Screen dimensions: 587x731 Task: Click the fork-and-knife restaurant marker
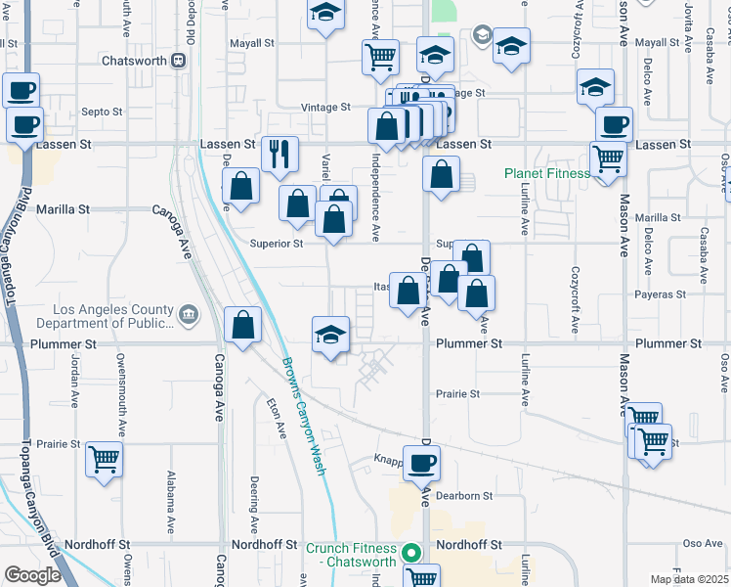[279, 154]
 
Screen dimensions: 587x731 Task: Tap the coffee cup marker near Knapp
[421, 463]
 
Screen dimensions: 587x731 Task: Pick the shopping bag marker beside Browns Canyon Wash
[242, 325]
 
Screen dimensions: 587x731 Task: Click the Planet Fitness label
[546, 174]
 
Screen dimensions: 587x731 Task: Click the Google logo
[32, 575]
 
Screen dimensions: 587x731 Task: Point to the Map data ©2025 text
[689, 579]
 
